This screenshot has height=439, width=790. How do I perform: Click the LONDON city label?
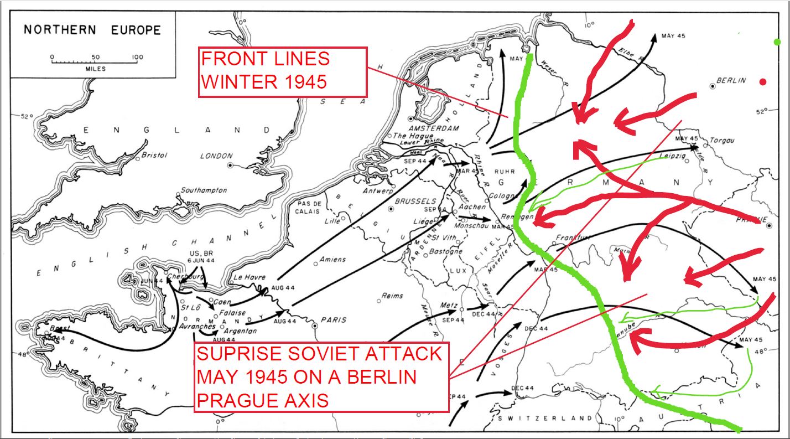[216, 156]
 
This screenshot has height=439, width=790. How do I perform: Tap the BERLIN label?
[731, 80]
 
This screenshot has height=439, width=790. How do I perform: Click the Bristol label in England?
[154, 156]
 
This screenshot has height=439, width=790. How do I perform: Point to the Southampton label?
[204, 190]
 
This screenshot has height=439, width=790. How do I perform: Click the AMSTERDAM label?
[434, 128]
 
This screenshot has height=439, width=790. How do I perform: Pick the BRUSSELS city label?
[416, 202]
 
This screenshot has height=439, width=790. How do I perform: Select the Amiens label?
[332, 259]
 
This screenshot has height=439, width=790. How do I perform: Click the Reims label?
[392, 296]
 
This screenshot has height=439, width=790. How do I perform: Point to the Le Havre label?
[250, 277]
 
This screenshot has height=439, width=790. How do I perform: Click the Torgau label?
[721, 141]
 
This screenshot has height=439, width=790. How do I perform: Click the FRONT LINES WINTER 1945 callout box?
[282, 73]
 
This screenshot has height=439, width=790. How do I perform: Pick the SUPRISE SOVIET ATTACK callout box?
[321, 377]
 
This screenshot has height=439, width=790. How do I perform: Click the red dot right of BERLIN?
[763, 82]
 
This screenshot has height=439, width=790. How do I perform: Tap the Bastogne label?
[446, 251]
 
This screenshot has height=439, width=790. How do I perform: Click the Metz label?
[448, 305]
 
